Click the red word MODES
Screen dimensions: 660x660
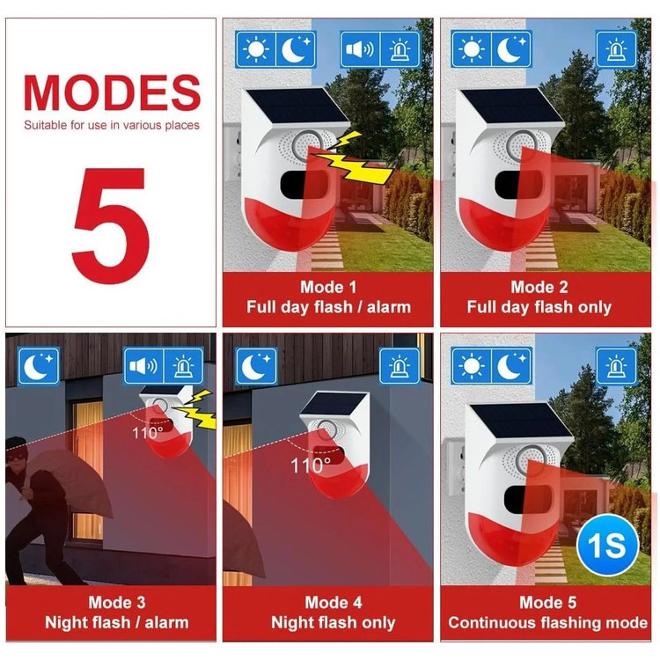pyautogui.click(x=112, y=92)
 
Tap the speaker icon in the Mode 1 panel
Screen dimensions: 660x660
pyautogui.click(x=360, y=49)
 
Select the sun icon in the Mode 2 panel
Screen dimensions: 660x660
pyautogui.click(x=471, y=49)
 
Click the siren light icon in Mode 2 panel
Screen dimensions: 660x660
pyautogui.click(x=616, y=49)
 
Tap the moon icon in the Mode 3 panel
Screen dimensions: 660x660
pyautogui.click(x=39, y=366)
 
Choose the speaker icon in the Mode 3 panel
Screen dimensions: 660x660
pyautogui.click(x=143, y=366)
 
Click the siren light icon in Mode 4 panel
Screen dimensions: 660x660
pyautogui.click(x=399, y=366)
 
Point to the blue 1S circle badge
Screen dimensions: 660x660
pyautogui.click(x=607, y=545)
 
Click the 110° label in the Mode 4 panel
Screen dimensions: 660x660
pyautogui.click(x=311, y=466)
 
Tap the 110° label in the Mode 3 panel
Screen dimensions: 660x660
pyautogui.click(x=147, y=432)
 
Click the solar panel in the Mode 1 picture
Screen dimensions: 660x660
pyautogui.click(x=297, y=106)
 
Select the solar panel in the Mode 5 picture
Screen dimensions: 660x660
pyautogui.click(x=521, y=421)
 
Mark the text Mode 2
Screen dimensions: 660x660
pyautogui.click(x=539, y=287)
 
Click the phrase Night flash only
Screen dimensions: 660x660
pyautogui.click(x=333, y=622)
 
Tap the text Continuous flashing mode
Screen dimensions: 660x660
pyautogui.click(x=547, y=622)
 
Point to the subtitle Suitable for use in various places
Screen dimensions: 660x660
pyautogui.click(x=112, y=125)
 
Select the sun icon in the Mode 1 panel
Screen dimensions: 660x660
pyautogui.click(x=256, y=49)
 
